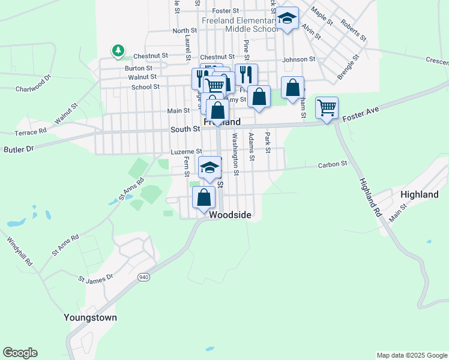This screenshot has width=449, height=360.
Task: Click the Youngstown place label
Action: (91, 317)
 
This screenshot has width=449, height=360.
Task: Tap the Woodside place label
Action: (230, 214)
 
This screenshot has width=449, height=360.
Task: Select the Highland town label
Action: (420, 194)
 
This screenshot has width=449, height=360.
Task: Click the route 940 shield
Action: (143, 277)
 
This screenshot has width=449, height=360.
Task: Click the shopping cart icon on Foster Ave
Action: (327, 108)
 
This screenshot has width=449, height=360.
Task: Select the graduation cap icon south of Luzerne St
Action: (209, 167)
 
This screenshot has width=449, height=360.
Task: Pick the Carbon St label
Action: (333, 164)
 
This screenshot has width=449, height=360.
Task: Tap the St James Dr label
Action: (95, 278)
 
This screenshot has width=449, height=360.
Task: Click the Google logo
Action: (20, 353)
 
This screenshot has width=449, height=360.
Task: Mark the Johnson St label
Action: (299, 59)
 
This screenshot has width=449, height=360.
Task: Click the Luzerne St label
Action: (187, 152)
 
